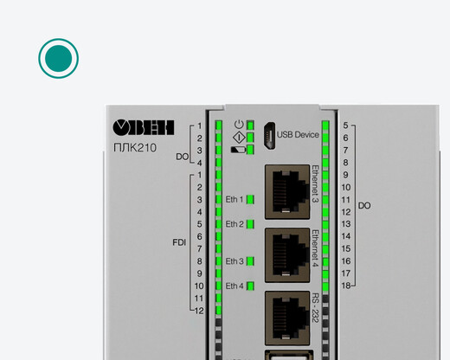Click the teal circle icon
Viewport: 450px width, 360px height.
pos(58,58)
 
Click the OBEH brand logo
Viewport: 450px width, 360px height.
pos(144,128)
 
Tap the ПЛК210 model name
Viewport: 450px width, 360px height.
pos(135,148)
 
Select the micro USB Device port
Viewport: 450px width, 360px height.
pos(269,136)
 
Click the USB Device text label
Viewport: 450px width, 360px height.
pos(298,135)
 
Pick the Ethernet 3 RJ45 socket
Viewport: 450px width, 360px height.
pos(287,192)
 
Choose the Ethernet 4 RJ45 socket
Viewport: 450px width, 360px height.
pos(287,255)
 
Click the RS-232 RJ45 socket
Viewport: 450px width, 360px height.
pos(287,318)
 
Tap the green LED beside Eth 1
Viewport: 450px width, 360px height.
pos(250,200)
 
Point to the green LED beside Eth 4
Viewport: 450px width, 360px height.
pos(250,286)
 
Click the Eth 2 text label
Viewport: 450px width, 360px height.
pos(235,224)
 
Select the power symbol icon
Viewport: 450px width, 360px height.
pos(239,125)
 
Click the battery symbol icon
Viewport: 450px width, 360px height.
pos(238,150)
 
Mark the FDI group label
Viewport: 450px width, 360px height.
pos(179,242)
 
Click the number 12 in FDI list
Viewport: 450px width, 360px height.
pos(199,311)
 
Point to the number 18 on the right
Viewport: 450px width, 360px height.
pos(346,286)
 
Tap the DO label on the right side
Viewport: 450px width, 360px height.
pos(364,206)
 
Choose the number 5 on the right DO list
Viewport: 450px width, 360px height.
pos(345,125)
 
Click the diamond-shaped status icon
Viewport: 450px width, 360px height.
pos(239,138)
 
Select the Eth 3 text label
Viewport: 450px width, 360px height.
pos(235,261)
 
